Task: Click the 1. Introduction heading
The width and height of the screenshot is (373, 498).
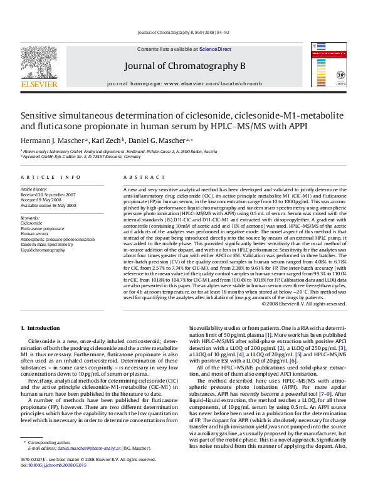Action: (x=41, y=328)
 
